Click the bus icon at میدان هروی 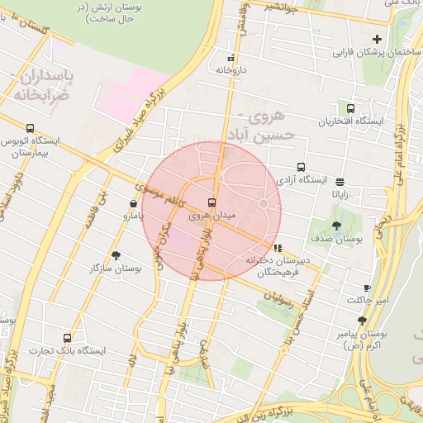click(212, 202)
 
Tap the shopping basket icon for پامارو click(133, 203)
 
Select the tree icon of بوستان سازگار click(116, 255)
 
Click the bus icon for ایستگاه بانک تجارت click(67, 337)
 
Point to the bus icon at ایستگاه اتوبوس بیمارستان click(31, 128)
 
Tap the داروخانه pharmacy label click(232, 71)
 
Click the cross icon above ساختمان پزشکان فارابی click(378, 39)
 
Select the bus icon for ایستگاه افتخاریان click(351, 108)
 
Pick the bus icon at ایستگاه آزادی click(301, 166)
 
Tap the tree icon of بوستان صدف click(336, 225)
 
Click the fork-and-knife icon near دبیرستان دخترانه click(278, 247)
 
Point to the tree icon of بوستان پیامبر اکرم click(362, 321)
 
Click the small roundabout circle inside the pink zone click(264, 203)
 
